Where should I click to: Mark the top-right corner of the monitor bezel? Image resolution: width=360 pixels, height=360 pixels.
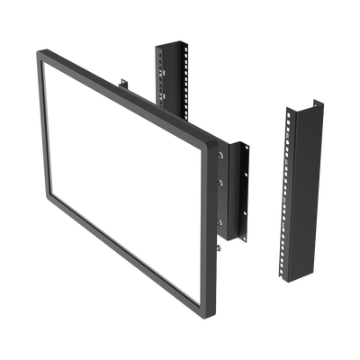pyautogui.click(x=216, y=139)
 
